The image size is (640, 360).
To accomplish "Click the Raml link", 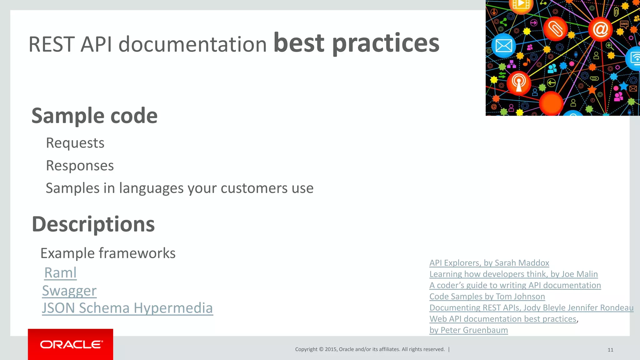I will click(60, 273).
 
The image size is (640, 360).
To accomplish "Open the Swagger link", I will click(69, 291).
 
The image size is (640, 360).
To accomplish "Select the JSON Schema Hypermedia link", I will click(127, 308).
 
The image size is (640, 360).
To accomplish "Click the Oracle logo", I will click(71, 344).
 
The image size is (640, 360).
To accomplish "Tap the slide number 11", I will click(610, 350).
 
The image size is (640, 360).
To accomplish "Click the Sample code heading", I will click(94, 116).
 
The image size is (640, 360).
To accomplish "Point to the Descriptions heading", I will click(93, 224).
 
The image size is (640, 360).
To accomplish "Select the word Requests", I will click(75, 143).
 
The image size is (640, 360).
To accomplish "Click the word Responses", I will click(80, 166).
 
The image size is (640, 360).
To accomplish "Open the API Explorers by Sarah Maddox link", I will click(489, 263).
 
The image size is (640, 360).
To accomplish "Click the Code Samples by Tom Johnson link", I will click(487, 296).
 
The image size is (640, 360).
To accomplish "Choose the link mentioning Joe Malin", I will click(513, 274).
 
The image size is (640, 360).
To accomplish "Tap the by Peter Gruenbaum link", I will click(468, 330).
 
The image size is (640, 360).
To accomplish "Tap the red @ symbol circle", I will click(600, 29).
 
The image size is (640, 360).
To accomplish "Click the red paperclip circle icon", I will click(555, 29).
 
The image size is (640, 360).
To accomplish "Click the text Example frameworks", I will click(108, 253).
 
